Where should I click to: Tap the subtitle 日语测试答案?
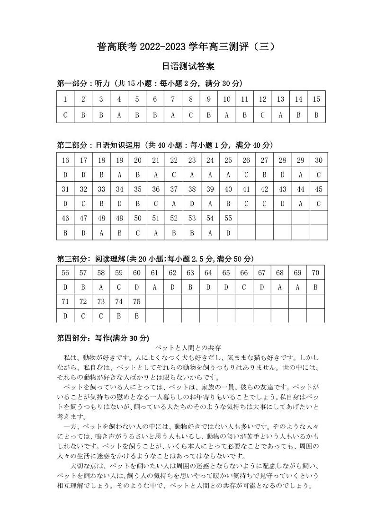(x=188, y=67)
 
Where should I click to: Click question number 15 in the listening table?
(x=316, y=99)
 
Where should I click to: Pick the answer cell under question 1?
(x=65, y=115)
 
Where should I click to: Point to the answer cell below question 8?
(x=190, y=115)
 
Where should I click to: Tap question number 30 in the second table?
(x=319, y=160)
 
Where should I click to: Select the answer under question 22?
(x=174, y=175)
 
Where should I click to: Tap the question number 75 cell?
(x=137, y=301)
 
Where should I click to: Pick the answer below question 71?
(x=65, y=315)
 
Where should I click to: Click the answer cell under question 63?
(x=190, y=287)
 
